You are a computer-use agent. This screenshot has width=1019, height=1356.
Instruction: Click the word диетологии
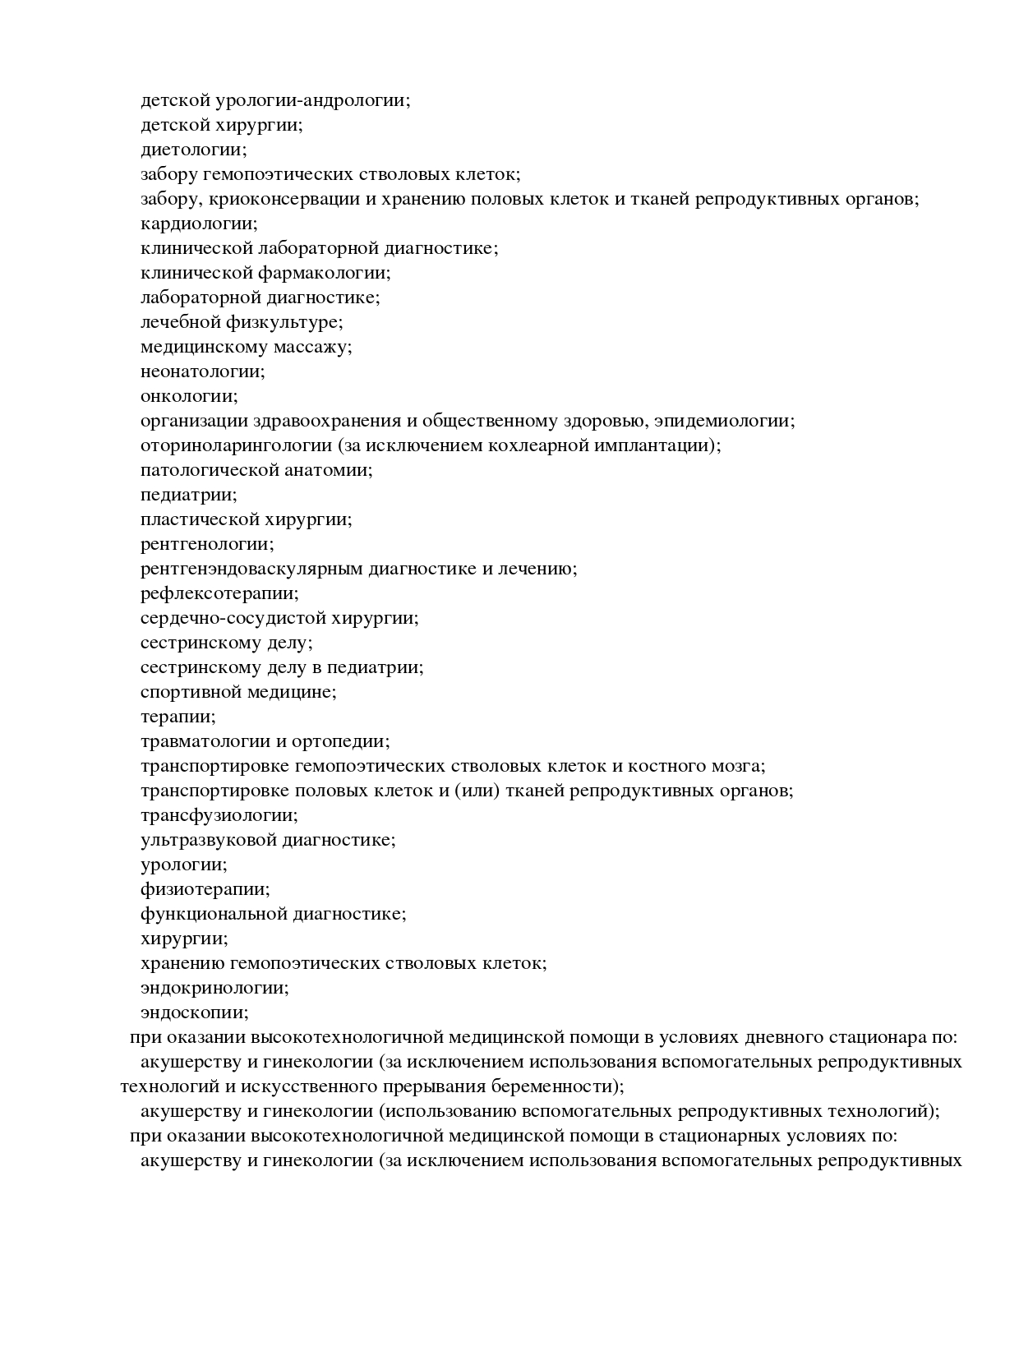click(x=193, y=150)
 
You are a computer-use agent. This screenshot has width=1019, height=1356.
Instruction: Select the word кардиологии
click(x=198, y=224)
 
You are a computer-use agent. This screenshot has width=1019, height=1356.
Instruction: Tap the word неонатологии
click(x=202, y=372)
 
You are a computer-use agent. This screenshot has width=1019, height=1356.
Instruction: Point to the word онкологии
click(x=188, y=397)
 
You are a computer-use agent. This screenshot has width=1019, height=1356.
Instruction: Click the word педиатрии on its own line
click(x=188, y=496)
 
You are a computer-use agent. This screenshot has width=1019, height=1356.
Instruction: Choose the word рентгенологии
click(x=207, y=545)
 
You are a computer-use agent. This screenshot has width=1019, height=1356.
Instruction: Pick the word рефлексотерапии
click(x=219, y=594)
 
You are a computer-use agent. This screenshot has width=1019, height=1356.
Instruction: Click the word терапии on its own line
click(x=178, y=717)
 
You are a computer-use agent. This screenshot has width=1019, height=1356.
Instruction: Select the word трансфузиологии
click(x=219, y=816)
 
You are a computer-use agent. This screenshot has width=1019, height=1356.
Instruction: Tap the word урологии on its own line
click(x=183, y=865)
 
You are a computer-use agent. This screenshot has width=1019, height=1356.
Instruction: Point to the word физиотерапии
click(x=205, y=890)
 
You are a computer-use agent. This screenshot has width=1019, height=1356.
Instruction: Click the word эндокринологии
click(x=214, y=989)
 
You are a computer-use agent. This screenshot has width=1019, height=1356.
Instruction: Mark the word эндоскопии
click(x=194, y=1013)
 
